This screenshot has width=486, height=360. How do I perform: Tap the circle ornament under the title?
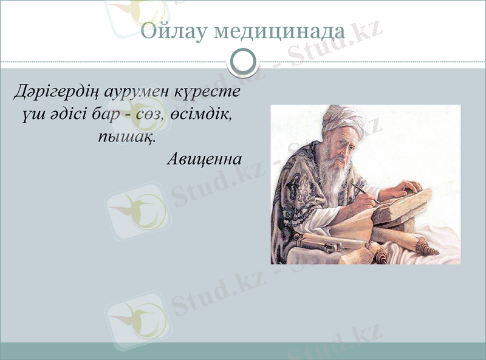tap(243, 61)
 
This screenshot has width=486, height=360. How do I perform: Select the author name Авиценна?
tap(204, 159)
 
